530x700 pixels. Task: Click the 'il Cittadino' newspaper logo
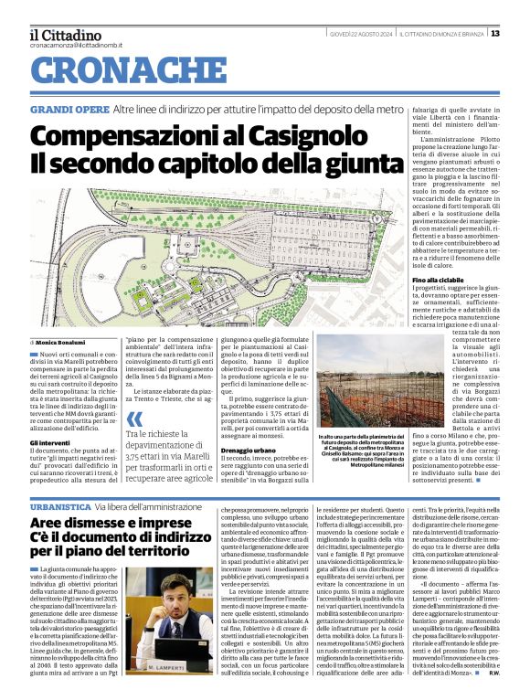pos(66,34)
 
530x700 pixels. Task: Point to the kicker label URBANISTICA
pos(60,505)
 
